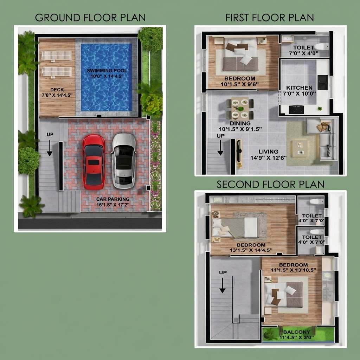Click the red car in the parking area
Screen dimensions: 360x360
pyautogui.click(x=94, y=162)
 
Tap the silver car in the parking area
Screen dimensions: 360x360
pyautogui.click(x=124, y=161)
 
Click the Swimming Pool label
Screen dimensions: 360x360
pyautogui.click(x=107, y=71)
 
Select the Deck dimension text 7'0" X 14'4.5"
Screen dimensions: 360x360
pyautogui.click(x=57, y=95)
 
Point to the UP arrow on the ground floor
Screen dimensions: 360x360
pyautogui.click(x=50, y=148)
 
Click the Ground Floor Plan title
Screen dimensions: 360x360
pyautogui.click(x=90, y=18)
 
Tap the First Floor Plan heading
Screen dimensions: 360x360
pyautogui.click(x=270, y=18)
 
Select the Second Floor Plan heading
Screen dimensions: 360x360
pyautogui.click(x=270, y=185)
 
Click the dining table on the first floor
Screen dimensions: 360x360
pyautogui.click(x=240, y=108)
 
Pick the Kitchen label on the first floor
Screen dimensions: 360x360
pyautogui.click(x=299, y=88)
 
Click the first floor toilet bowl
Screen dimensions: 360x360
pyautogui.click(x=321, y=47)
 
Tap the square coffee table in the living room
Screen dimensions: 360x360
pyautogui.click(x=300, y=149)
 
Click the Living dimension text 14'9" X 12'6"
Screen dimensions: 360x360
pyautogui.click(x=268, y=158)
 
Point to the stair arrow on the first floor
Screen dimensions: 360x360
pyautogui.click(x=220, y=148)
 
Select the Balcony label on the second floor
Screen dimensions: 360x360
pyautogui.click(x=297, y=332)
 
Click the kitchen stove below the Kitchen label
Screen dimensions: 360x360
pyautogui.click(x=296, y=110)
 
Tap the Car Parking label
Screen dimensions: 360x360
pyautogui.click(x=113, y=199)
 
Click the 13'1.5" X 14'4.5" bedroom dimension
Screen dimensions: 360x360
pyautogui.click(x=251, y=250)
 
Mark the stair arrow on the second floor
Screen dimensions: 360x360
pyautogui.click(x=222, y=285)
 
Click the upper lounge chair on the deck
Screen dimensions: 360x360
pyautogui.click(x=57, y=56)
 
